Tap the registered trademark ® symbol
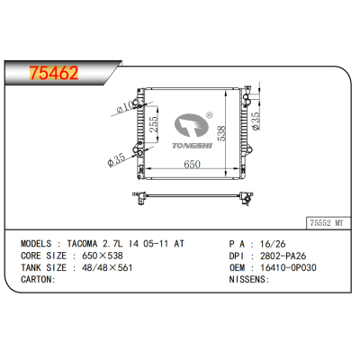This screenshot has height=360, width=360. pyautogui.click(x=209, y=115)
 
